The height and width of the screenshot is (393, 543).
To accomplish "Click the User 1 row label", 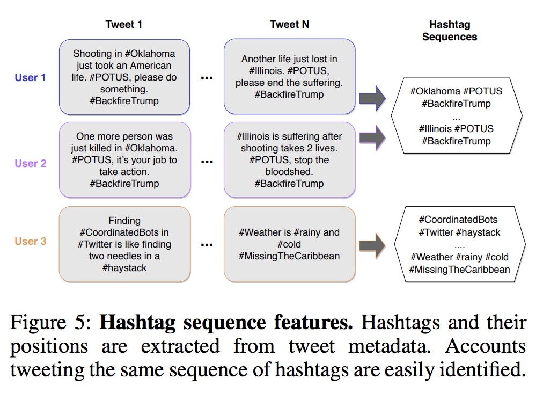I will (30, 77).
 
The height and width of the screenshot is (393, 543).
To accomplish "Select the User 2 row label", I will (30, 163).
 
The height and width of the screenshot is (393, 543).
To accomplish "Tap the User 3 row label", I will (30, 241).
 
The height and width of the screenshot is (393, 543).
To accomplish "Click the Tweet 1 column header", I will (124, 24).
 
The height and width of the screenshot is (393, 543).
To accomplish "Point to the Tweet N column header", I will (289, 24).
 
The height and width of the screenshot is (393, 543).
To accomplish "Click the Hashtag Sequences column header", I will (450, 31).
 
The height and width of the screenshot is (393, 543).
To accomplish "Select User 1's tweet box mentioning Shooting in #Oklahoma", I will (124, 77).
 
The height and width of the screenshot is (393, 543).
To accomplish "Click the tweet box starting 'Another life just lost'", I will (289, 77).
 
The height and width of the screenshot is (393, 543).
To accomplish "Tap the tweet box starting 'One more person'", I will (124, 160).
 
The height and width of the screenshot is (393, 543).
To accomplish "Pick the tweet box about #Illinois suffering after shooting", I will (289, 160).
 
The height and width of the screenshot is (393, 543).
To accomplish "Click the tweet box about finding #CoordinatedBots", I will (124, 244).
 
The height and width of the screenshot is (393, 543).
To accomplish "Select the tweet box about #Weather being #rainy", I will (289, 244).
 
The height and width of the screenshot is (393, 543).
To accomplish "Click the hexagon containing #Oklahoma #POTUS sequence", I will (456, 116).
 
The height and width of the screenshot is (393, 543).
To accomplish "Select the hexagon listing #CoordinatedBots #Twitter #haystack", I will (459, 244).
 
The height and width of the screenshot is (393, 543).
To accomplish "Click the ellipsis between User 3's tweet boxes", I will (207, 244).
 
